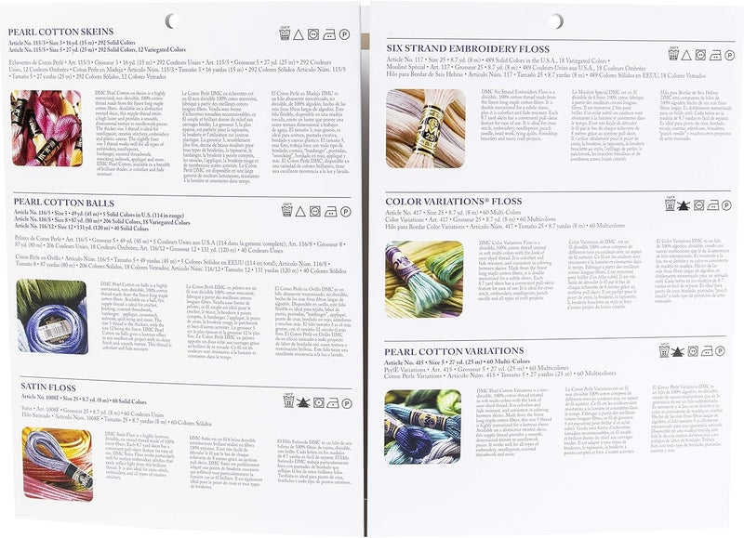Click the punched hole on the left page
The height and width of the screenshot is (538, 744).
pyautogui.click(x=170, y=20)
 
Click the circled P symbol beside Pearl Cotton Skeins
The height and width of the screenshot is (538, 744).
pyautogui.click(x=345, y=34)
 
